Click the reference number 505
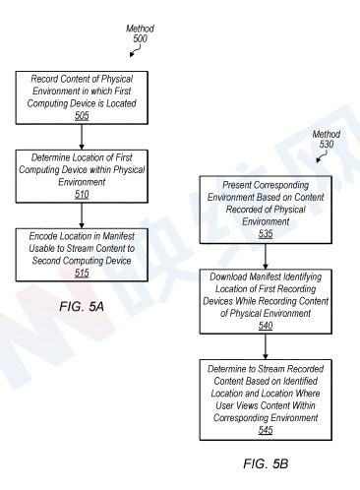pyautogui.click(x=82, y=116)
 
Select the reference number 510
pyautogui.click(x=82, y=195)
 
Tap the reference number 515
pyautogui.click(x=82, y=273)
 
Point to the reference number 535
pyautogui.click(x=266, y=234)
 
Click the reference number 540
pyautogui.click(x=266, y=326)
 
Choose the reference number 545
pyautogui.click(x=266, y=430)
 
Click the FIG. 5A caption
pyautogui.click(x=82, y=307)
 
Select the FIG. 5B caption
pyautogui.click(x=266, y=463)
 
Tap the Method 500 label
pyautogui.click(x=140, y=33)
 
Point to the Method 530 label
pyautogui.click(x=327, y=139)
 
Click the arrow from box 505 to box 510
pyautogui.click(x=82, y=137)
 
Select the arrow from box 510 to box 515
pyautogui.click(x=82, y=215)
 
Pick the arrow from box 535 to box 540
pyautogui.click(x=266, y=257)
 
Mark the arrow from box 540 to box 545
pyautogui.click(x=266, y=346)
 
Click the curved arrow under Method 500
pyautogui.click(x=136, y=50)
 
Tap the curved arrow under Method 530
pyautogui.click(x=323, y=156)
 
